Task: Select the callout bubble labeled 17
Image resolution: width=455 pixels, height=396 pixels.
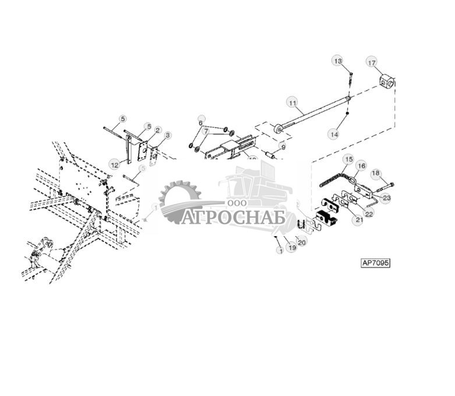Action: pos(372,62)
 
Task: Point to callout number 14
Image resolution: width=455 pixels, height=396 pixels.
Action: pos(334,134)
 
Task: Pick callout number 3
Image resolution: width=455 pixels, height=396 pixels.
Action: pos(167,135)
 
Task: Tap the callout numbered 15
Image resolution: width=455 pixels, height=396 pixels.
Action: pos(348,159)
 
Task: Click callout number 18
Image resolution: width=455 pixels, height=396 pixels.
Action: pos(376,173)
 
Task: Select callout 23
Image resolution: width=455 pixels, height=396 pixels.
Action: pos(386,198)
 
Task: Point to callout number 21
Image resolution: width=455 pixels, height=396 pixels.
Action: pos(358,219)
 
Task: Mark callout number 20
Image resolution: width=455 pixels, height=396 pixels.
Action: pos(301,241)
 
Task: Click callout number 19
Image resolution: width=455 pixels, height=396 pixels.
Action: pos(292,247)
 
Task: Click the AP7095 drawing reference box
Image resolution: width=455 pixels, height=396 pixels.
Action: pos(375,263)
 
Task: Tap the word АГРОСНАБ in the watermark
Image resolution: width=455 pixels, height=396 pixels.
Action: pos(233,217)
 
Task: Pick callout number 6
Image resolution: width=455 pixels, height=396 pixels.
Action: pos(201,123)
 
